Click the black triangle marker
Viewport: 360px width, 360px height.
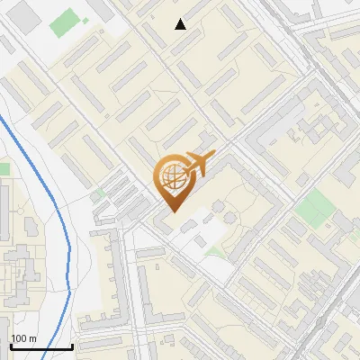[x=181, y=24]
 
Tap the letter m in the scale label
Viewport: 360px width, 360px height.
[x=32, y=337]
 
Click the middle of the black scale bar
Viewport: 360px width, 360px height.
[x=41, y=346]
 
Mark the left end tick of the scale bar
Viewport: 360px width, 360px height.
[x=11, y=346]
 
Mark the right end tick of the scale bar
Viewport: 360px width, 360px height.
[x=72, y=346]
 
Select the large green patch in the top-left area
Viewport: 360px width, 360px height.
[x=65, y=23]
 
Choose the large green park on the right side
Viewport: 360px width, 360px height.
[x=315, y=208]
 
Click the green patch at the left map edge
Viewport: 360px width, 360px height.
[x=4, y=168]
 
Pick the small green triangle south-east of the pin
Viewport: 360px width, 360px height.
[x=216, y=250]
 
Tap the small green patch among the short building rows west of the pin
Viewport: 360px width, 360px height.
[x=98, y=193]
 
